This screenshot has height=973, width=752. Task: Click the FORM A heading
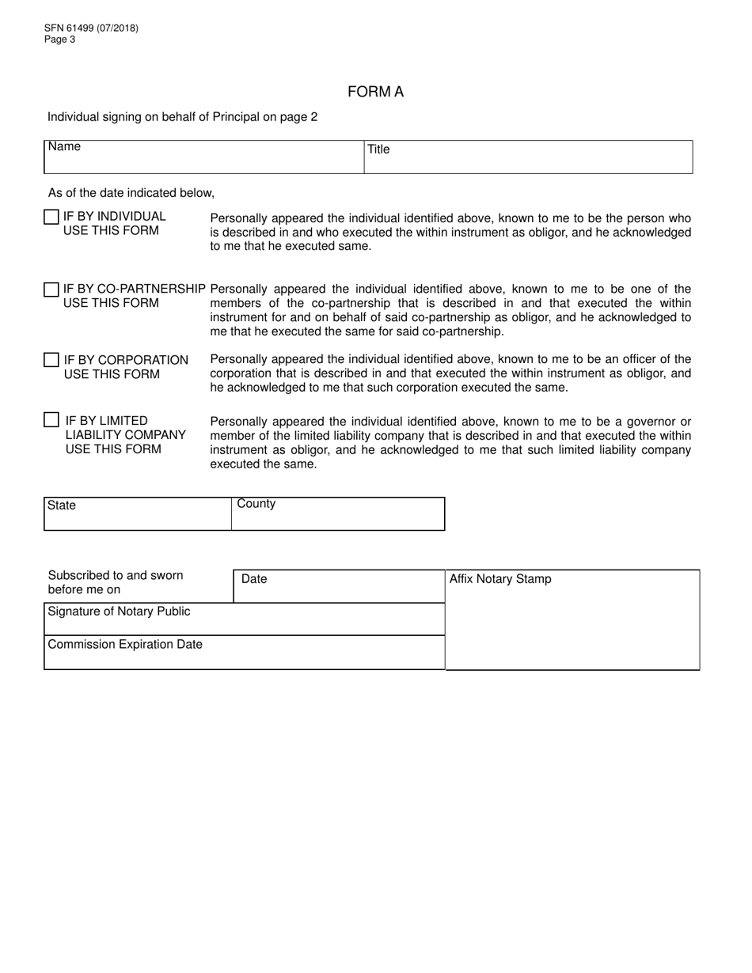[375, 92]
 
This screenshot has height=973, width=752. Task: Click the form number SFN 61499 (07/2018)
[91, 28]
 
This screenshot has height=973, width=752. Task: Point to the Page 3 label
[60, 40]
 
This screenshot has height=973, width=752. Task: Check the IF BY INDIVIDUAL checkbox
[51, 217]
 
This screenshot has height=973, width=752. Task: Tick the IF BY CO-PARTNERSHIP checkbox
[51, 290]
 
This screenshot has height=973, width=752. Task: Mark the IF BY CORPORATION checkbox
[51, 361]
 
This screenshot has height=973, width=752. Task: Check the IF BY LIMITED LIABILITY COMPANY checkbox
[51, 420]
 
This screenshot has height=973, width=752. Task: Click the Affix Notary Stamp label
[500, 579]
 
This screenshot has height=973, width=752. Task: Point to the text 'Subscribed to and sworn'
[116, 575]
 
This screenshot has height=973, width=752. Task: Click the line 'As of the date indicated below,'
[131, 193]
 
